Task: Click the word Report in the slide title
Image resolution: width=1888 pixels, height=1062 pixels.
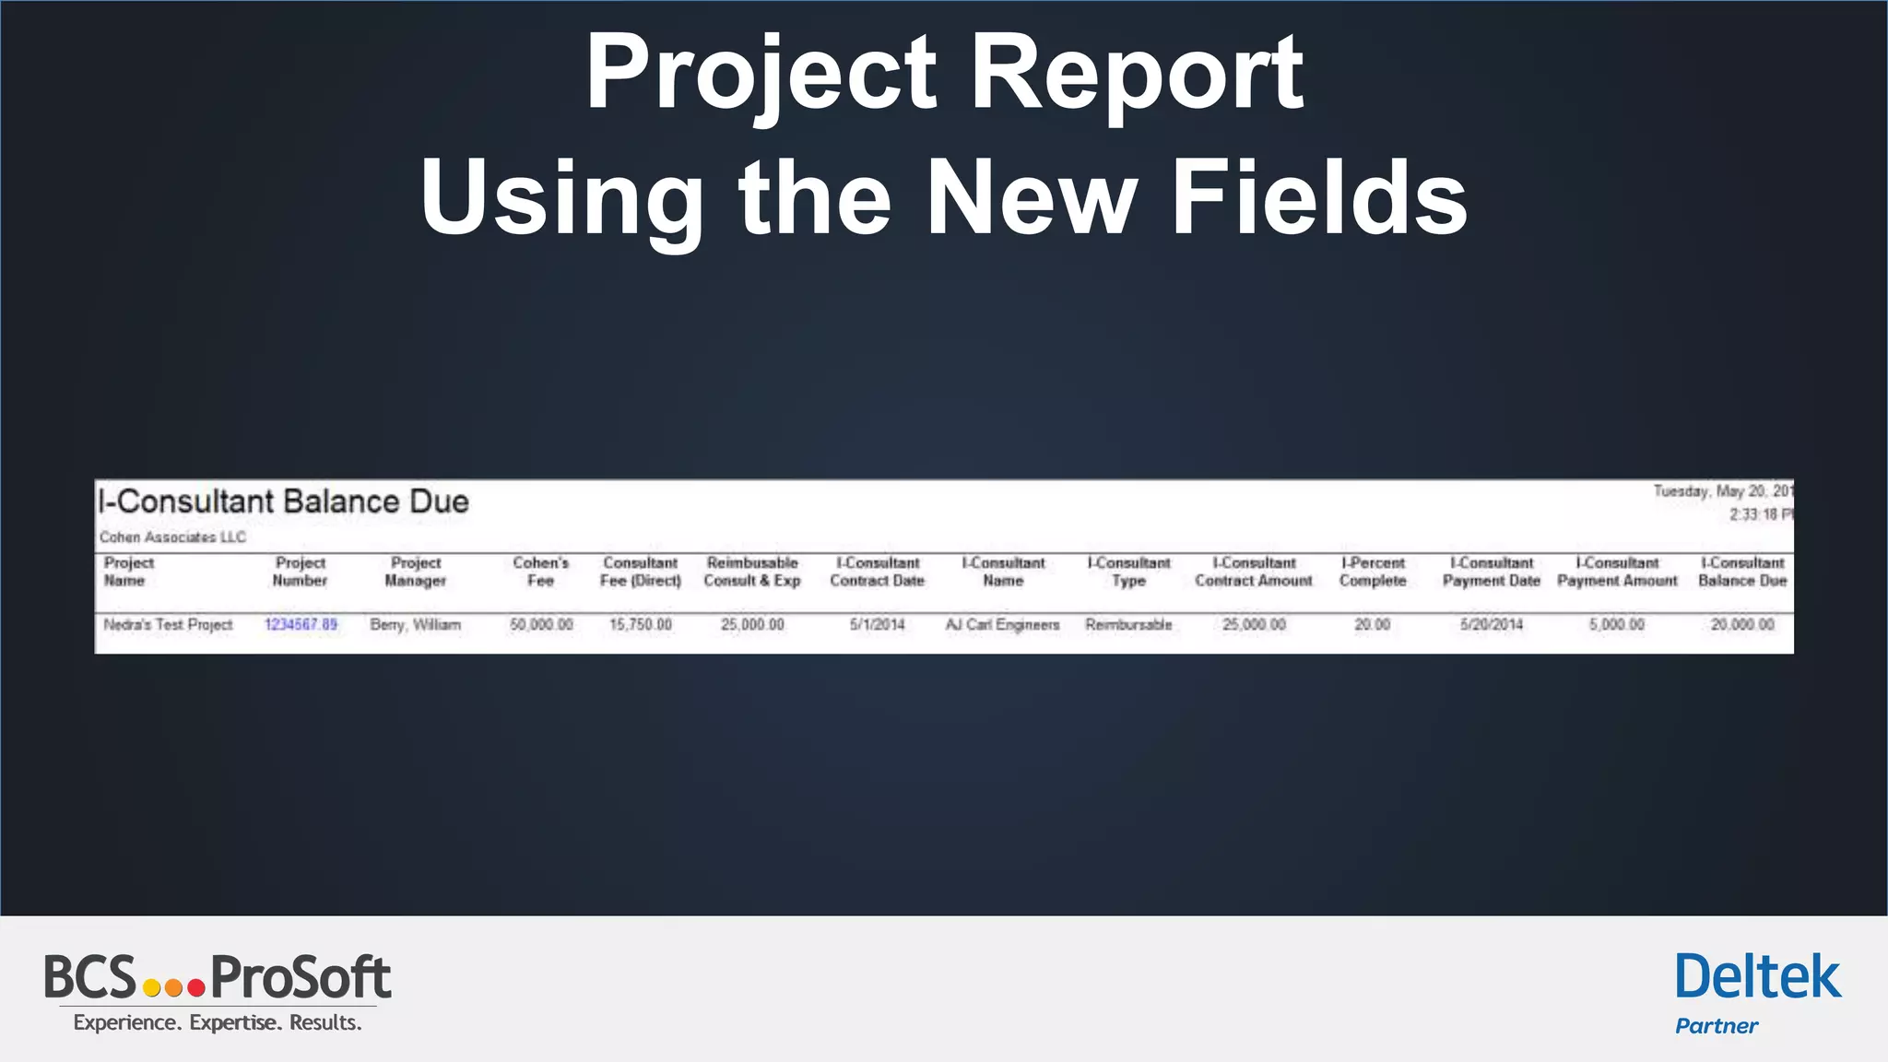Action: pyautogui.click(x=1137, y=74)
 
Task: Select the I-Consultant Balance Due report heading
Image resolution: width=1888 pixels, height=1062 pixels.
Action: pyautogui.click(x=284, y=501)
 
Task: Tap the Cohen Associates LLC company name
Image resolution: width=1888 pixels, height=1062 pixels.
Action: pyautogui.click(x=172, y=537)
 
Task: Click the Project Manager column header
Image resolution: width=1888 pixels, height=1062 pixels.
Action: pyautogui.click(x=416, y=572)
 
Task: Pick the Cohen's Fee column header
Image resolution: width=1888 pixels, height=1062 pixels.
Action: pyautogui.click(x=541, y=572)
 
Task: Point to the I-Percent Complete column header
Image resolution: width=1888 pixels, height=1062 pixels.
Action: pyautogui.click(x=1373, y=572)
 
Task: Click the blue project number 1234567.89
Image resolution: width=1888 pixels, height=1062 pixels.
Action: pyautogui.click(x=301, y=625)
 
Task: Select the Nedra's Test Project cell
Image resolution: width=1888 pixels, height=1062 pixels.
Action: pyautogui.click(x=168, y=625)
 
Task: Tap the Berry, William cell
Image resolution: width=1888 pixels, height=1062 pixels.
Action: pyautogui.click(x=415, y=625)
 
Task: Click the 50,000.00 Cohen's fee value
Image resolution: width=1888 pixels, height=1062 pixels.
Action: pyautogui.click(x=541, y=625)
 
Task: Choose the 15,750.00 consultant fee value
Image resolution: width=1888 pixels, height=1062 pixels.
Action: pyautogui.click(x=641, y=625)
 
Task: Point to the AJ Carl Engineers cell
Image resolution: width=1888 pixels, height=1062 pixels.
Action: pyautogui.click(x=1002, y=625)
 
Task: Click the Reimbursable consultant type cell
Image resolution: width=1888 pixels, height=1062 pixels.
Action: pyautogui.click(x=1128, y=625)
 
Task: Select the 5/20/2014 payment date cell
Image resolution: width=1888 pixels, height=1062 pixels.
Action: pyautogui.click(x=1491, y=625)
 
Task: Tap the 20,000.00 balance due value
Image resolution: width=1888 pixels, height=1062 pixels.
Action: pyautogui.click(x=1742, y=625)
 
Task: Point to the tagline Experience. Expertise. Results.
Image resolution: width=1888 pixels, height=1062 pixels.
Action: pyautogui.click(x=218, y=1023)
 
